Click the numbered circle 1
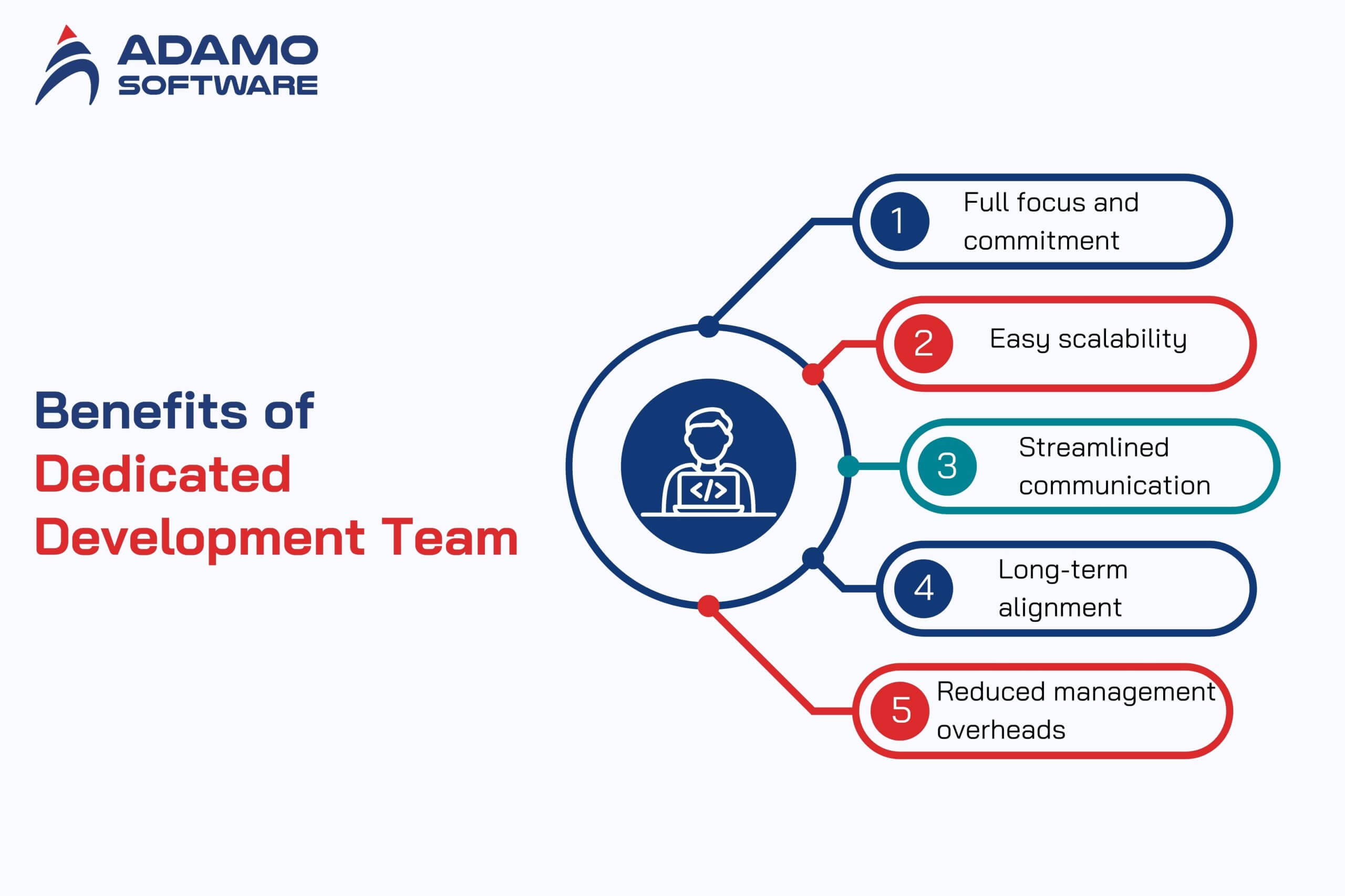coord(899,221)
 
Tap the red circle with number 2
coord(923,343)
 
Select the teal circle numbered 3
coord(947,466)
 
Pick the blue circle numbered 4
coord(923,589)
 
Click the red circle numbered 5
coord(899,711)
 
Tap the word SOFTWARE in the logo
coord(218,85)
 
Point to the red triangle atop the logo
coord(67,34)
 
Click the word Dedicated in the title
coord(163,474)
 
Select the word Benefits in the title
coord(141,410)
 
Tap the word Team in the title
coord(450,537)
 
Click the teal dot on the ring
coord(849,466)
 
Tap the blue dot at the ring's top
coord(708,327)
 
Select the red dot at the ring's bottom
coord(708,606)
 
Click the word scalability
coord(1123,339)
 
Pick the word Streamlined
coord(1093,447)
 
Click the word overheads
coord(1001,730)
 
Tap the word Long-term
coord(1063,570)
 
